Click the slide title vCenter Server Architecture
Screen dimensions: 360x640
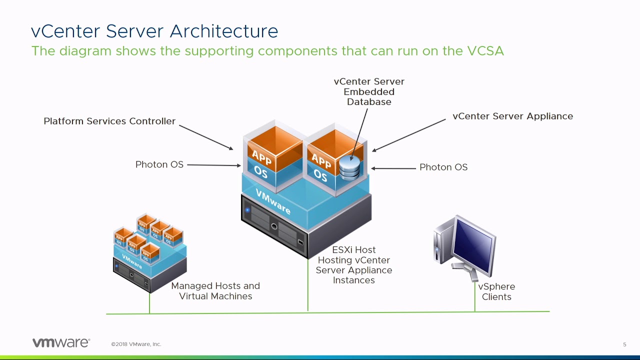154,31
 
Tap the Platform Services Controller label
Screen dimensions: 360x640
109,121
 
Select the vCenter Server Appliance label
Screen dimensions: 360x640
512,116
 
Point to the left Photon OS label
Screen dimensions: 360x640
159,164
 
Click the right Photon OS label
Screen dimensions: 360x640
443,167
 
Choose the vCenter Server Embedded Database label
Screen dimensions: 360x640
369,91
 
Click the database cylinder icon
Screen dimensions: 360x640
349,168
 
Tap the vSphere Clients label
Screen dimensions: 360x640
496,291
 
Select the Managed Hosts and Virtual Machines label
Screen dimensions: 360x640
215,291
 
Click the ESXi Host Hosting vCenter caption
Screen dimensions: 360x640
354,265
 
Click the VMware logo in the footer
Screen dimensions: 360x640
61,343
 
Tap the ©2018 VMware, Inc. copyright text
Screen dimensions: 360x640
136,344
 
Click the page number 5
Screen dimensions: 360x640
624,344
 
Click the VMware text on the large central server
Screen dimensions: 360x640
272,201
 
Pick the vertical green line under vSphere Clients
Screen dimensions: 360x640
474,300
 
